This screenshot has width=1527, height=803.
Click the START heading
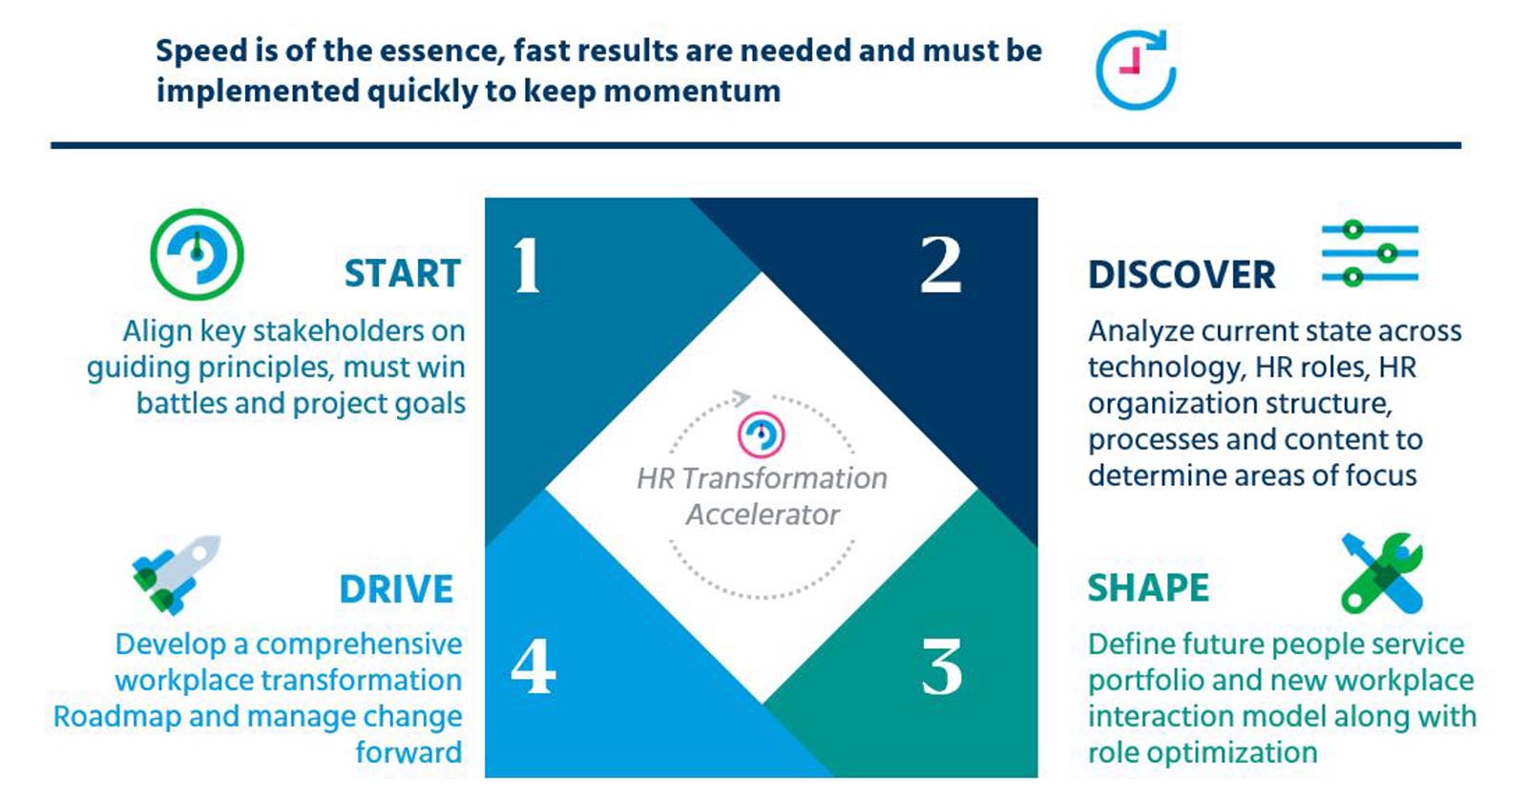(403, 274)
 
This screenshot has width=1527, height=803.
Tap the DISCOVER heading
(1182, 275)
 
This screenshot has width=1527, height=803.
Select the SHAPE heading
(1149, 588)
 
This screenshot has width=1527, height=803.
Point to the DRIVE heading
(396, 589)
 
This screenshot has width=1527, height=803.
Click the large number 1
(527, 266)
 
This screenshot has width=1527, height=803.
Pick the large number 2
(941, 265)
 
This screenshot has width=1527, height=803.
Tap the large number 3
(941, 667)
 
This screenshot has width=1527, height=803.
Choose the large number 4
(533, 666)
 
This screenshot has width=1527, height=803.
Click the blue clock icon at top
(1137, 70)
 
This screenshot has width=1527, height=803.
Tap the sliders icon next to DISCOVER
(1370, 253)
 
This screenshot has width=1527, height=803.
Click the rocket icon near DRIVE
(176, 575)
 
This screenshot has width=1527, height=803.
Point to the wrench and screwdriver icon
(1382, 573)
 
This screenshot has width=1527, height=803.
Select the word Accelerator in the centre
(763, 515)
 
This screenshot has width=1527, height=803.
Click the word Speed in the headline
(201, 52)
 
